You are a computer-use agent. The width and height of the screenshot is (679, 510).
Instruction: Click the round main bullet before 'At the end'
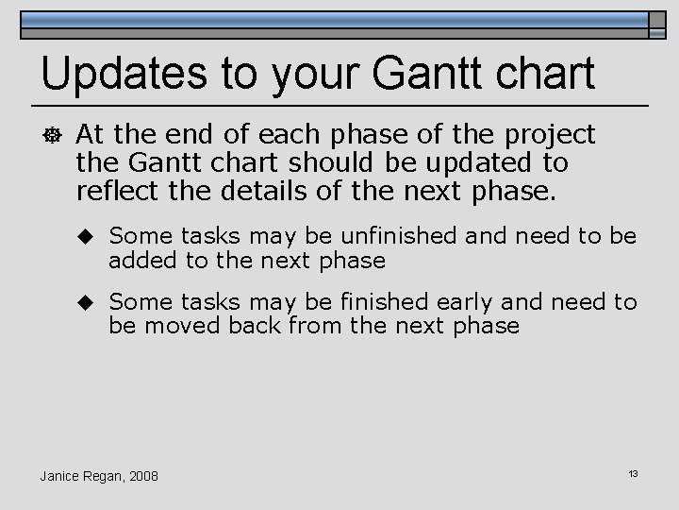coord(53,135)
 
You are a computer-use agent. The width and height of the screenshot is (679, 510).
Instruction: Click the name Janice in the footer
coord(62,474)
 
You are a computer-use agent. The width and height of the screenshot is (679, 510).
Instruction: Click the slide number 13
coord(633,471)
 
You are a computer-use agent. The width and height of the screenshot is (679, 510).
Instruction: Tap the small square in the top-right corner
coord(657,25)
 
